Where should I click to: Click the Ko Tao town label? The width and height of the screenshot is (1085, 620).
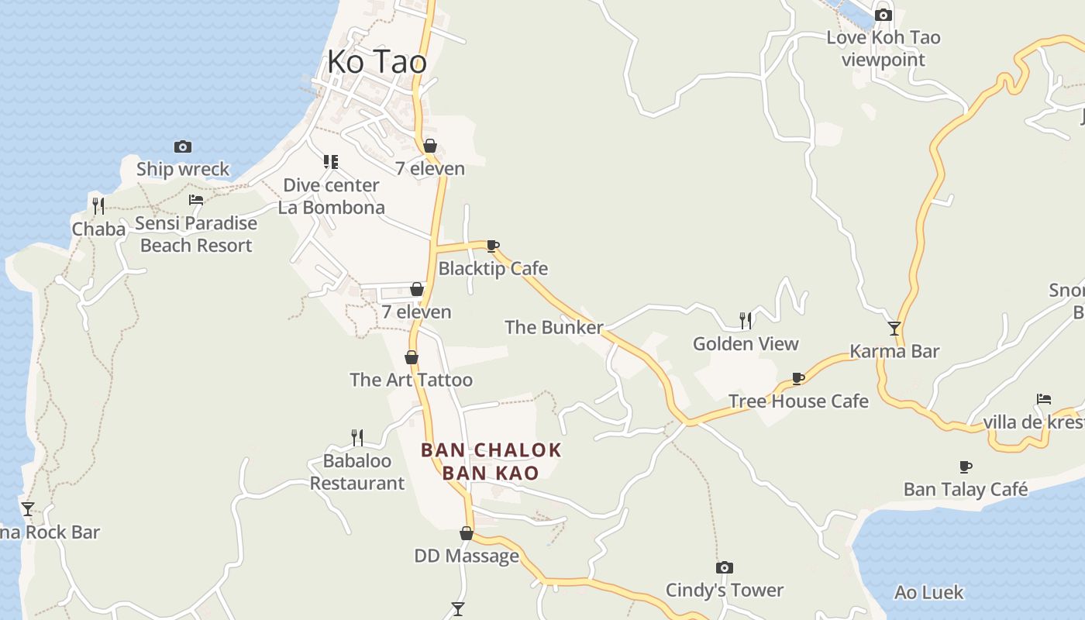tap(377, 62)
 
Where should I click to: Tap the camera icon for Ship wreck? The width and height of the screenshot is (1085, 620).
tap(183, 146)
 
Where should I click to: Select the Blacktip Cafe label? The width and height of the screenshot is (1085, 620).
tap(493, 269)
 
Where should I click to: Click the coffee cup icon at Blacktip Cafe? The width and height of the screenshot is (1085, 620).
tap(492, 246)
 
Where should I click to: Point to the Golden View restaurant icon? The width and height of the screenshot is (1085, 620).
tap(746, 320)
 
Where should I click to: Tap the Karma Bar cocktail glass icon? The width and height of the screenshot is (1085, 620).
tap(894, 329)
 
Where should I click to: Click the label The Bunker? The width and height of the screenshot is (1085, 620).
tap(553, 328)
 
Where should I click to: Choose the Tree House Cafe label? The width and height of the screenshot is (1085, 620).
tap(798, 401)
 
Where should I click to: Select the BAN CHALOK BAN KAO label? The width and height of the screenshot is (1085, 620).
tap(491, 461)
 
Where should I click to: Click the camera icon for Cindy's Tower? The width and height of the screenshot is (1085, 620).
tap(725, 568)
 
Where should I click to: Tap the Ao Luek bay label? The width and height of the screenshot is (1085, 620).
tap(928, 593)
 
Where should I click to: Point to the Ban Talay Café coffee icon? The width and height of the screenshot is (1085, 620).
tap(965, 467)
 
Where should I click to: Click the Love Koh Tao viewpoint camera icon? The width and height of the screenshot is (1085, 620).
tap(883, 15)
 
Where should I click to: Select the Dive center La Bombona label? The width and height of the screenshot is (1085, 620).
tap(332, 197)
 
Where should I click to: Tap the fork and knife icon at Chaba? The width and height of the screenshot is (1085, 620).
tap(98, 205)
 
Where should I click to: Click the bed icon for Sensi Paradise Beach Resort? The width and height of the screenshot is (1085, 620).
tap(196, 200)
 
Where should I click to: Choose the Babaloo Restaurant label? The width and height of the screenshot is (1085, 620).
tap(357, 472)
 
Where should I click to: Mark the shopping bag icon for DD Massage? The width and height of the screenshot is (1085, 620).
tap(467, 533)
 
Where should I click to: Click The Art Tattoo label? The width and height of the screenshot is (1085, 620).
tap(411, 380)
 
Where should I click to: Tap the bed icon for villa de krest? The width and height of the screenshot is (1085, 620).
tap(1044, 400)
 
